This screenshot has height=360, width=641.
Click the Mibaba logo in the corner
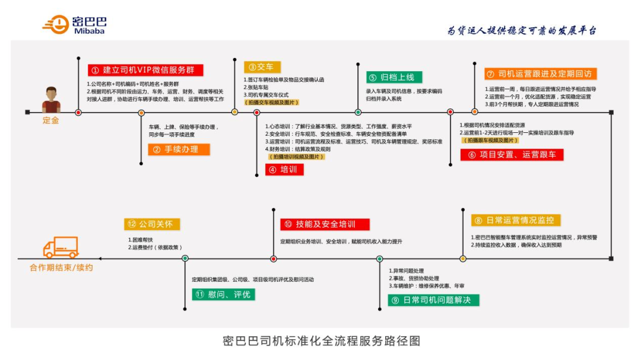[x=74, y=24]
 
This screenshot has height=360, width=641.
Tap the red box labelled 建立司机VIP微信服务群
[x=145, y=70]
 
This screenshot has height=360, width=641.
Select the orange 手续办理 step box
[x=179, y=149]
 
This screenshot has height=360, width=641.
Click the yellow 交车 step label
[x=262, y=67]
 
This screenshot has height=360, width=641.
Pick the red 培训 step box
[x=285, y=170]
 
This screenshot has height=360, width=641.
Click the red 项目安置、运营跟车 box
[x=512, y=155]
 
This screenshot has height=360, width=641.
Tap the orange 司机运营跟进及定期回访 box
[x=540, y=74]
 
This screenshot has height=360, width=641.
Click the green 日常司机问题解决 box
[x=433, y=300]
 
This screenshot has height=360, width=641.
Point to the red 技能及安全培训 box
[x=325, y=224]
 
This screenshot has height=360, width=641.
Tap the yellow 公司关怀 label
[x=152, y=224]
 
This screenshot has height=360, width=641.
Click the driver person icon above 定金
[x=51, y=100]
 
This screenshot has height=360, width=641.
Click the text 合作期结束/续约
[x=61, y=267]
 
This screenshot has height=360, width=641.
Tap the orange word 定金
[x=51, y=120]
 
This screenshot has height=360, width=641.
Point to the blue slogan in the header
[x=522, y=30]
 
